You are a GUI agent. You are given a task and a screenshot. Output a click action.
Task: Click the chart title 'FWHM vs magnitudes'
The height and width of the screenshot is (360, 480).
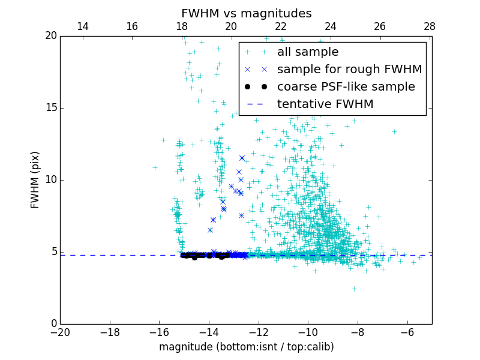246,13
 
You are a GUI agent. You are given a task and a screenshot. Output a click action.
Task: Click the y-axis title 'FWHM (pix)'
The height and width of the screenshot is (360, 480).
35,180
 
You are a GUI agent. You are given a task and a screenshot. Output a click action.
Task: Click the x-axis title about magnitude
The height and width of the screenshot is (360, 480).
246,347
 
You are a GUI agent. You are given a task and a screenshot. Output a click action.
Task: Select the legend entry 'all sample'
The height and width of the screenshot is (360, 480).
308,52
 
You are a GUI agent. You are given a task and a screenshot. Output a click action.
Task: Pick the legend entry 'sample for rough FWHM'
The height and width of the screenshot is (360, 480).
349,70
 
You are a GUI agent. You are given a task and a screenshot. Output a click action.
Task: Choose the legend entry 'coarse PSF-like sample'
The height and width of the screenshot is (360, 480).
346,87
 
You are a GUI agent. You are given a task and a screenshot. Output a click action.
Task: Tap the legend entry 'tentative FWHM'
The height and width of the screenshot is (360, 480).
325,104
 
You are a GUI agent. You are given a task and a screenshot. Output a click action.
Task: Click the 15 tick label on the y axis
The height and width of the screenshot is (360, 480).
50,108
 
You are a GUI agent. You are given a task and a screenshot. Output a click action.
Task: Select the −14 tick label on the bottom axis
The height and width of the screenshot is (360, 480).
208,332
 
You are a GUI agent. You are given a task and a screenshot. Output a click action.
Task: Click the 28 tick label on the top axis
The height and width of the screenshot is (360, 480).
430,26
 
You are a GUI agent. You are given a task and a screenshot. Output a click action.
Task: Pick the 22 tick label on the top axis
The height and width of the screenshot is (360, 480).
281,26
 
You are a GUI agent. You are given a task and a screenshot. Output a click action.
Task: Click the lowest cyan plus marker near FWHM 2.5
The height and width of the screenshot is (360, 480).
354,289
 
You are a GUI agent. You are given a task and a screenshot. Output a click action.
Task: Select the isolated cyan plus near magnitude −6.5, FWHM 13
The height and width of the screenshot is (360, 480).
394,131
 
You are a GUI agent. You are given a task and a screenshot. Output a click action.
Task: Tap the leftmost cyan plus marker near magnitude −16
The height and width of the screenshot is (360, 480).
155,167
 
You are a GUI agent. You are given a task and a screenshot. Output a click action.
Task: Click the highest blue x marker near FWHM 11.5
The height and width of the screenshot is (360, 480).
242,158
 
